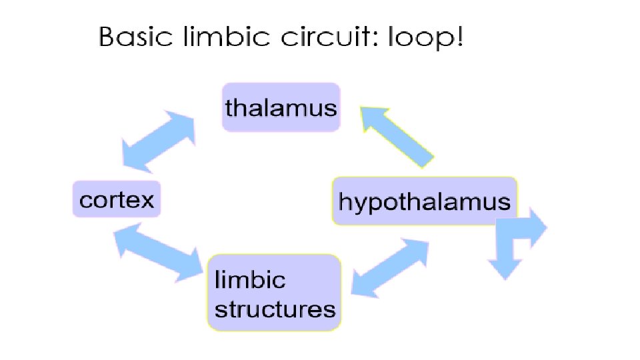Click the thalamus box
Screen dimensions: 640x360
pyautogui.click(x=281, y=107)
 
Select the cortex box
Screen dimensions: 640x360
pyautogui.click(x=117, y=199)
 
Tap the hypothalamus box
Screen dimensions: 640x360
pyautogui.click(x=425, y=201)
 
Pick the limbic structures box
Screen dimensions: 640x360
pyautogui.click(x=274, y=292)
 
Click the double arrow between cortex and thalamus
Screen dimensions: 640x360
pyautogui.click(x=159, y=141)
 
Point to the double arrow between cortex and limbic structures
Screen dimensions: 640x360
pyautogui.click(x=159, y=253)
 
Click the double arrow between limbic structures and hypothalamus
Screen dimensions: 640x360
pyautogui.click(x=390, y=268)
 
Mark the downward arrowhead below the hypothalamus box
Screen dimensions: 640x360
pyautogui.click(x=505, y=269)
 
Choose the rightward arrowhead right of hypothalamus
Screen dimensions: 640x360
pyautogui.click(x=539, y=227)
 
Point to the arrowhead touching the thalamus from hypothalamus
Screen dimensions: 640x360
pyautogui.click(x=373, y=119)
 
